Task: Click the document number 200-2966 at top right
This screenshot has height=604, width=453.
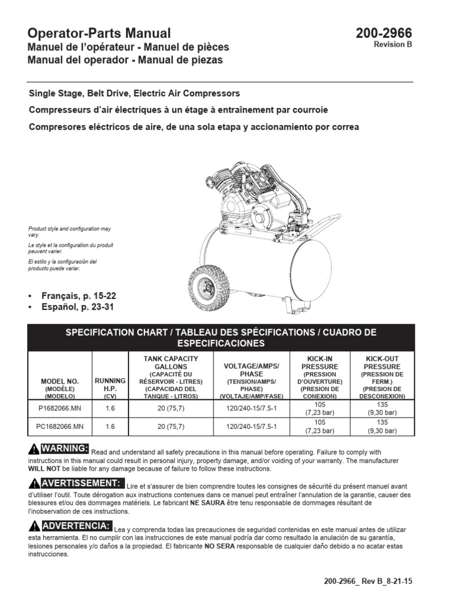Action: click(x=383, y=34)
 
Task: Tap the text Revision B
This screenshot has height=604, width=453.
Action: click(x=393, y=45)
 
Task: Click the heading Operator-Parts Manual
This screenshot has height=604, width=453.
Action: click(x=100, y=34)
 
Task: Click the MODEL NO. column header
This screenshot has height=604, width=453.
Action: click(x=60, y=385)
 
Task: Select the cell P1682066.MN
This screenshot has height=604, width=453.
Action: click(x=60, y=409)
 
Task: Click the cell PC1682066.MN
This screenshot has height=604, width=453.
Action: click(x=60, y=425)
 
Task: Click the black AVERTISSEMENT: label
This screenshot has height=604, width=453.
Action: click(x=81, y=484)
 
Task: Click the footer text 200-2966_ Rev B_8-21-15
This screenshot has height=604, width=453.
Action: click(x=367, y=581)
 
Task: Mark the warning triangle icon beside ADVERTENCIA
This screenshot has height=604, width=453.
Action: click(x=34, y=526)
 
